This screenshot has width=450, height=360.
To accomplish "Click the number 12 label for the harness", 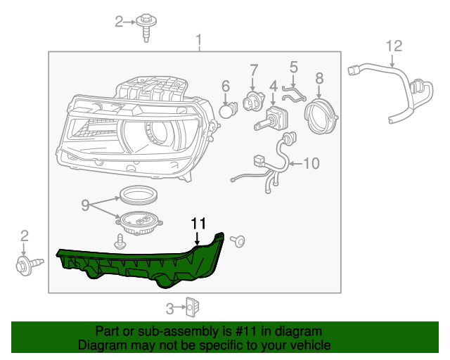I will [x=394, y=46].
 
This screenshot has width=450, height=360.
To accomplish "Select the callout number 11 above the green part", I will [x=198, y=224].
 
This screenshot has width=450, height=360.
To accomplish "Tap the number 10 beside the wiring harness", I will [x=311, y=163].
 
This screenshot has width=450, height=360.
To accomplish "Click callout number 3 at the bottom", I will [x=169, y=307].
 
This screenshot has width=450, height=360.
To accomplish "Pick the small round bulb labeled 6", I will [x=227, y=110].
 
